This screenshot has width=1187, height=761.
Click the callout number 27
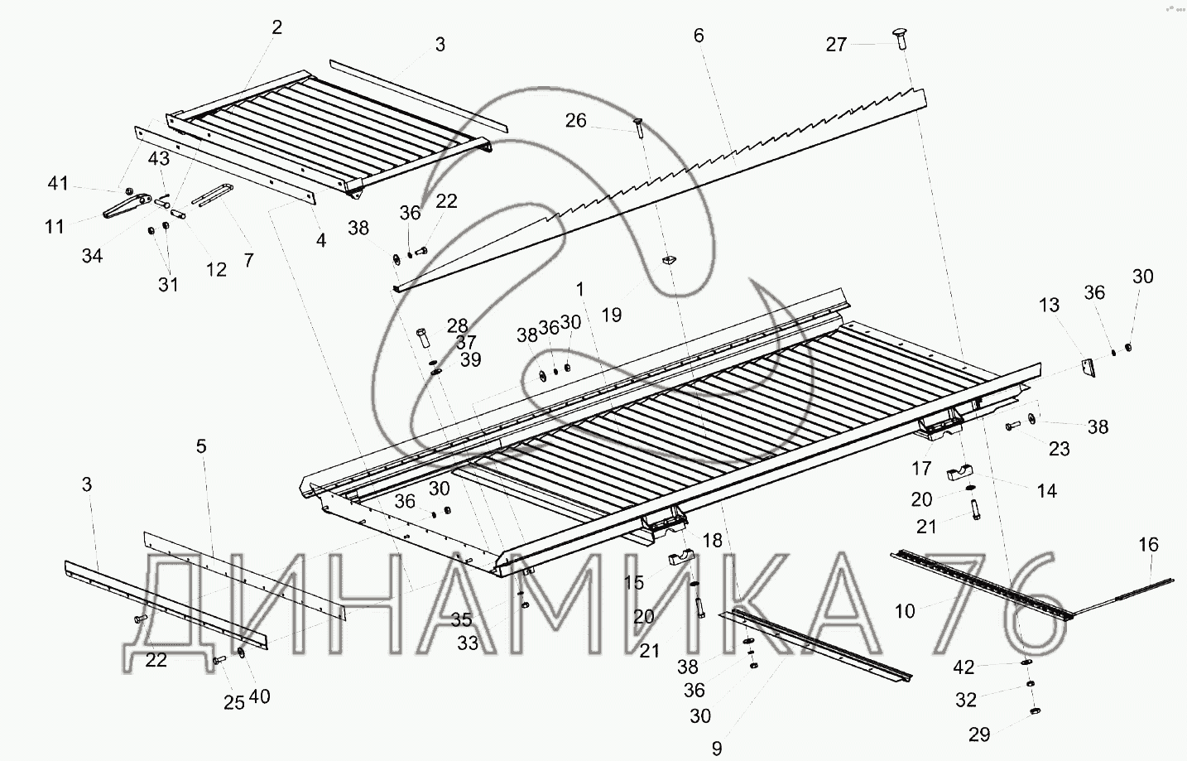click(x=836, y=44)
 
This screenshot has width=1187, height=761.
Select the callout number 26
click(x=575, y=121)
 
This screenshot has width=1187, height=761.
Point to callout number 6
click(x=699, y=36)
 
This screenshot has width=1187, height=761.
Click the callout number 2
click(x=276, y=27)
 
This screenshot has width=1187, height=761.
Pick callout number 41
click(x=57, y=183)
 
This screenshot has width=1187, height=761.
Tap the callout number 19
click(x=611, y=315)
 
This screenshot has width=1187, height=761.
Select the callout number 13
click(x=1049, y=305)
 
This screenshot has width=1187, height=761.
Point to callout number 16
click(x=1148, y=544)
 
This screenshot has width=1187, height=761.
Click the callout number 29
click(x=979, y=735)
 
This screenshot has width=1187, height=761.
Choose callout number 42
click(x=963, y=667)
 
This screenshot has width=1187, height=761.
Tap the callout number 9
click(x=717, y=748)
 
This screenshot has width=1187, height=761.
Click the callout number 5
click(x=201, y=446)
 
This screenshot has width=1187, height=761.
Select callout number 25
click(x=233, y=702)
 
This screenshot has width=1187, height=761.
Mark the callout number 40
click(x=259, y=696)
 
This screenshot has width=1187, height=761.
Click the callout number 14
click(x=1046, y=491)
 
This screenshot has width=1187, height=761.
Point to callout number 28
click(x=457, y=325)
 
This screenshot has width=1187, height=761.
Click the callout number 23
click(x=1059, y=449)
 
